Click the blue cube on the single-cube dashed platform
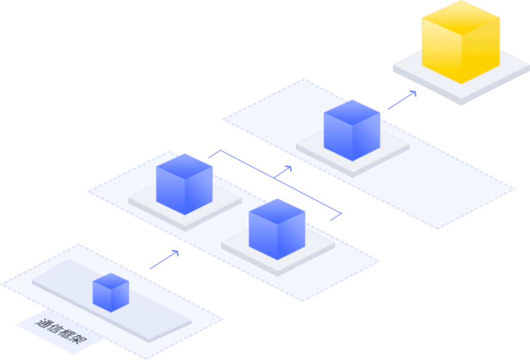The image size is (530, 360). coord(352,132)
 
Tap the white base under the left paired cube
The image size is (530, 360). coord(145,205)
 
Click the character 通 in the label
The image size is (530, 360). coord(44,324)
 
